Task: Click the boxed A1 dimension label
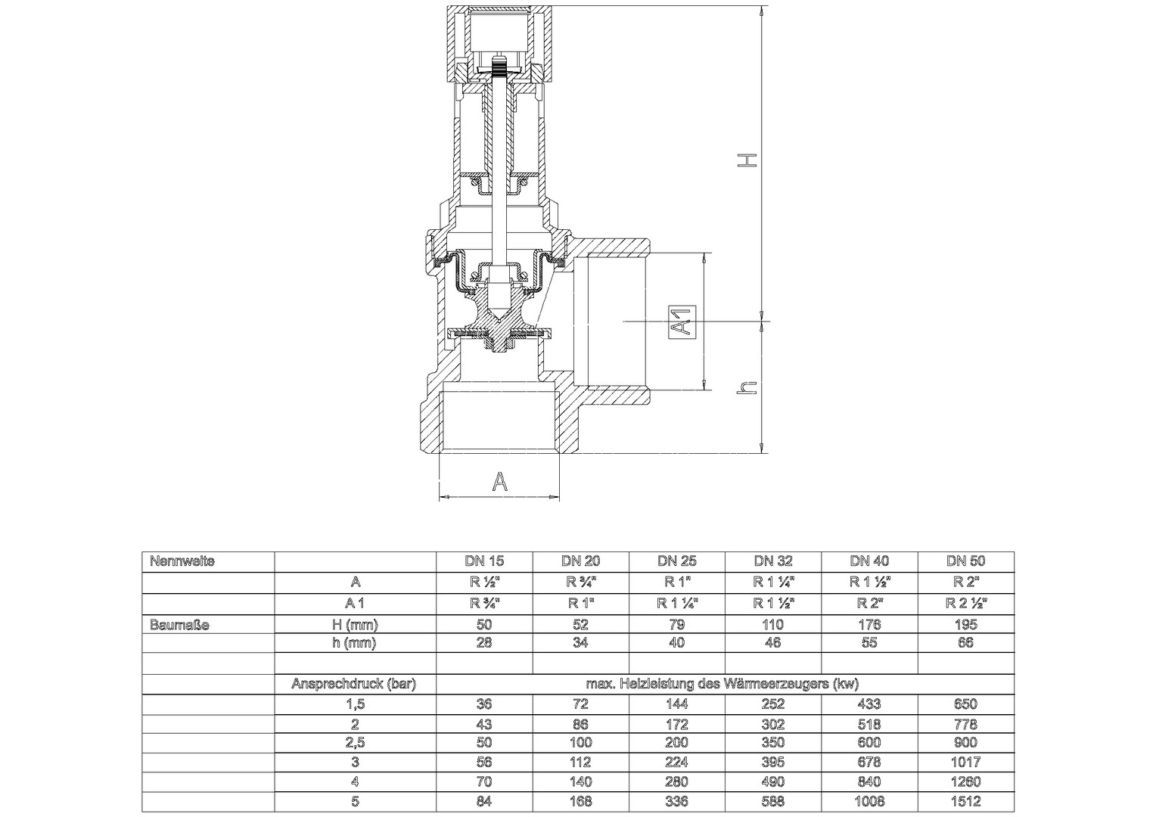pyautogui.click(x=682, y=322)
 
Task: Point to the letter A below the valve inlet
pyautogui.click(x=499, y=482)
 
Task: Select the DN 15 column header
pyautogui.click(x=484, y=561)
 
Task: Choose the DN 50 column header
pyautogui.click(x=965, y=561)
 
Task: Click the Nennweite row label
pyautogui.click(x=182, y=561)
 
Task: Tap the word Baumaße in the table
pyautogui.click(x=179, y=625)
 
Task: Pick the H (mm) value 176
pyautogui.click(x=869, y=625)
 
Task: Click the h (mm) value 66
pyautogui.click(x=965, y=642)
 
